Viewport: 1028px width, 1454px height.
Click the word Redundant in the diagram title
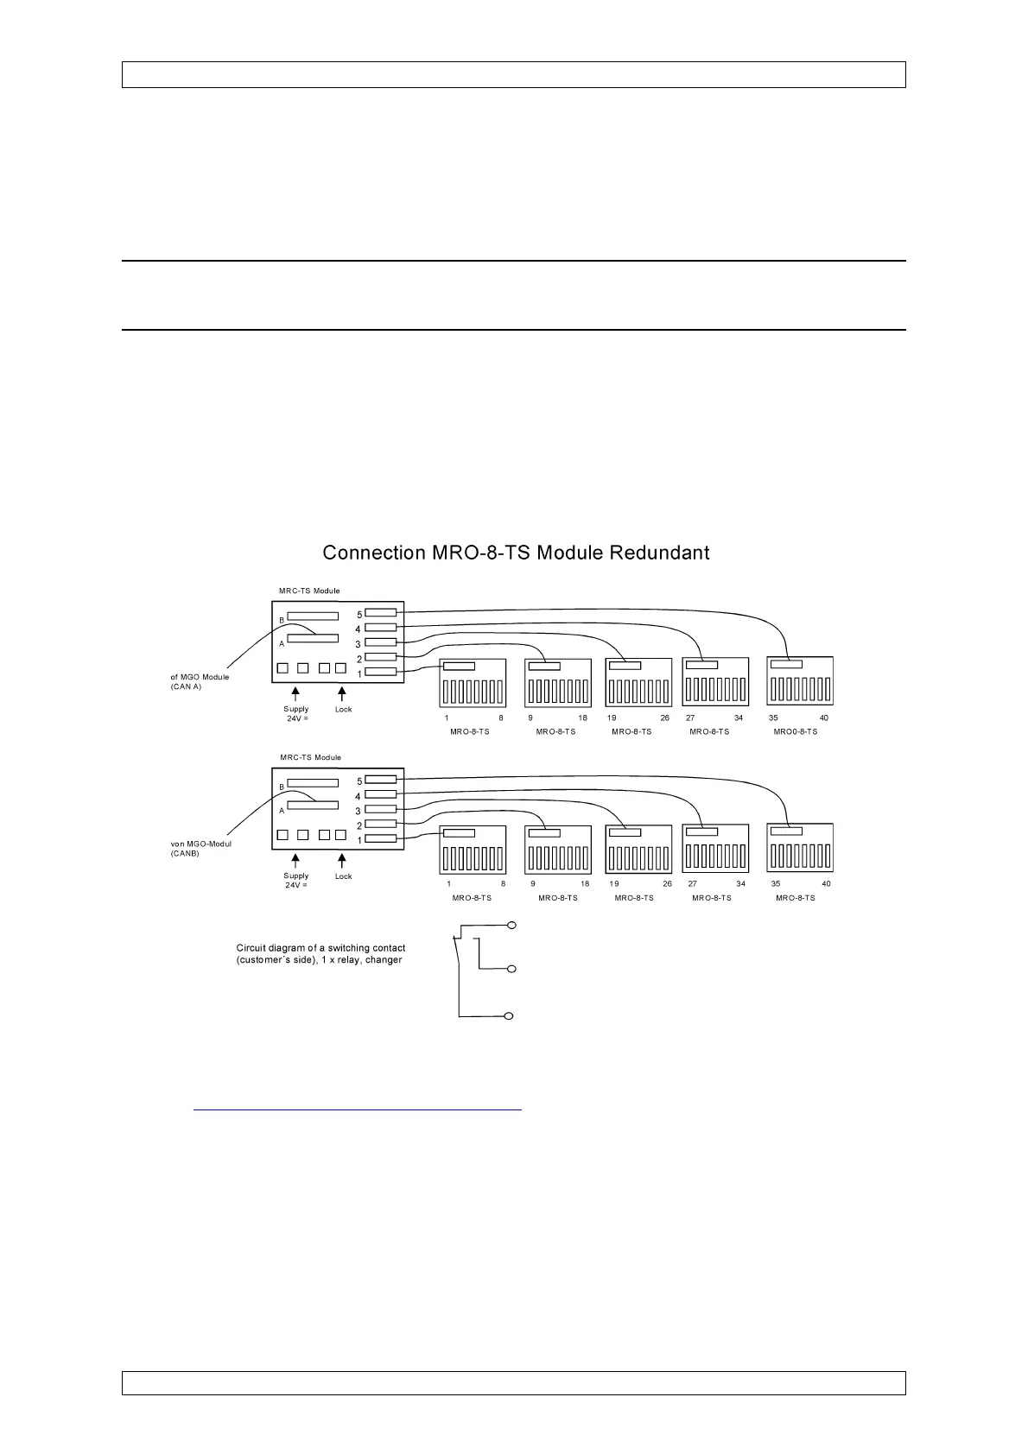pos(659,553)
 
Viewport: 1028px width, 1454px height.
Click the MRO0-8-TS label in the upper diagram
pos(795,731)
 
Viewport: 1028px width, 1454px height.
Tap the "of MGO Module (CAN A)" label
pos(200,681)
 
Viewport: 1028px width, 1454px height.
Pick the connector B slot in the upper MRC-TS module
pos(313,616)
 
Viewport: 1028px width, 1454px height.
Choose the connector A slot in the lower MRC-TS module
pos(313,805)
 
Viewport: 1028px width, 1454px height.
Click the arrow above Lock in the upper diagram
pos(342,694)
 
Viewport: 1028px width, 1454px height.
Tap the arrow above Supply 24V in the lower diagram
pos(295,861)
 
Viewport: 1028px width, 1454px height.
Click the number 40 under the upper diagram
pos(824,718)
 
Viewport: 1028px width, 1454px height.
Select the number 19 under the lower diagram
pos(614,884)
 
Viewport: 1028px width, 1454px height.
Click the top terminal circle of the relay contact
pos(511,926)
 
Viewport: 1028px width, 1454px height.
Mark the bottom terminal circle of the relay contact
pos(510,1015)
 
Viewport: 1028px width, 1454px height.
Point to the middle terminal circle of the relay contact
pos(511,970)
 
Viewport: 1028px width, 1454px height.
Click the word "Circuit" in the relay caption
pos(251,948)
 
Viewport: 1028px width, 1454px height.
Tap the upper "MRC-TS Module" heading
pos(310,591)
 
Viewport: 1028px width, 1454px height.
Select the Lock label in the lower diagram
pos(343,876)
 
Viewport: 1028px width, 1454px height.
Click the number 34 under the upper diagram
pos(739,718)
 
